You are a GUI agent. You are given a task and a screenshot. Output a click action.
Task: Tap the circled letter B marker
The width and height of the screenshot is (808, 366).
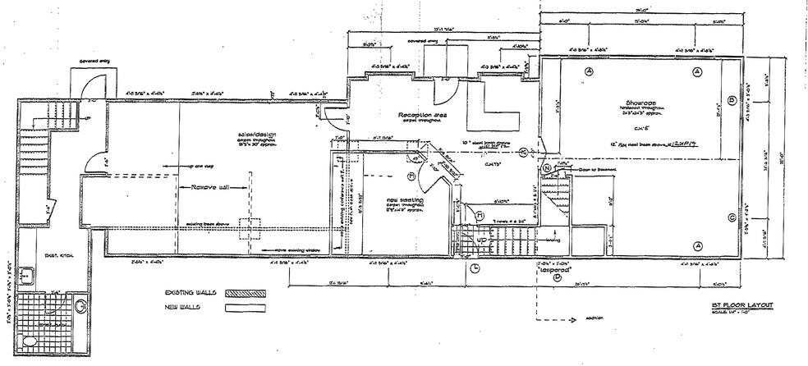tap(730, 101)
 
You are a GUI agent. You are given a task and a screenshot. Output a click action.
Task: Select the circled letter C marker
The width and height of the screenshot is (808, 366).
tap(730, 217)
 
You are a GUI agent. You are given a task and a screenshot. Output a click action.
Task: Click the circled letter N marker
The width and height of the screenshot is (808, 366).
tap(546, 168)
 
